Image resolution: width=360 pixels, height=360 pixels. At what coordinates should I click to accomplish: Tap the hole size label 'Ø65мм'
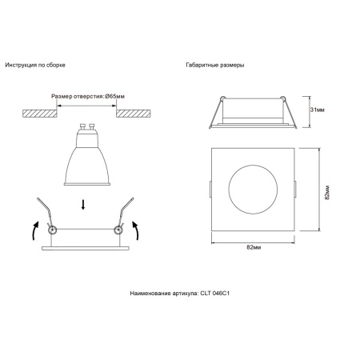pyautogui.click(x=116, y=96)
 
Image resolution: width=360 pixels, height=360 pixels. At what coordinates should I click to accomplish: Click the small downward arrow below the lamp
pyautogui.click(x=84, y=207)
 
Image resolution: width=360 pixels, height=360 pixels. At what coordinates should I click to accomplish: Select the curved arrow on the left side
pyautogui.click(x=34, y=232)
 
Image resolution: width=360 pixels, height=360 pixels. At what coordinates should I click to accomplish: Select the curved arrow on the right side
pyautogui.click(x=135, y=231)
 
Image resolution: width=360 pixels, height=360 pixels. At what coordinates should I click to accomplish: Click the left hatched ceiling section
pyautogui.click(x=35, y=114)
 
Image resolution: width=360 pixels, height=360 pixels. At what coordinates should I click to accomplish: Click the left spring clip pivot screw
pyautogui.click(x=52, y=230)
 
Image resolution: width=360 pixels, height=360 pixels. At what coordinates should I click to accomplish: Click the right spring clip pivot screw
pyautogui.click(x=118, y=230)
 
